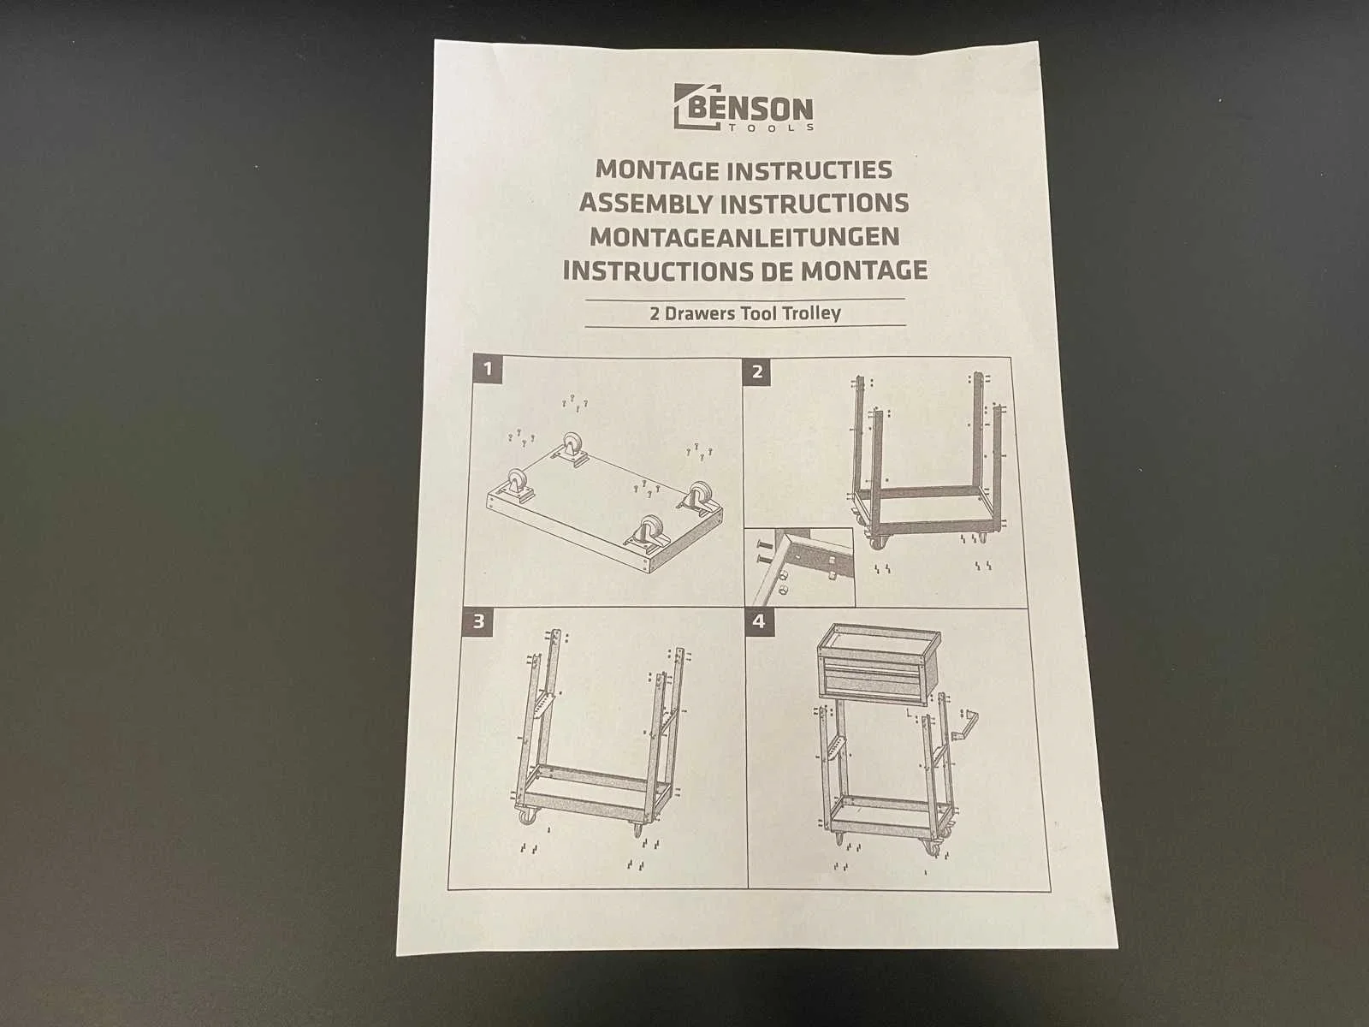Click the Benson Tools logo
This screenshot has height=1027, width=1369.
tap(744, 108)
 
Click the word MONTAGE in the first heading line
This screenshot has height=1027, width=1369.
tap(657, 169)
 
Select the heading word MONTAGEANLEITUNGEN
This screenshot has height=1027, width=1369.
tap(744, 237)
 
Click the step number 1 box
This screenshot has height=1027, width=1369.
tap(487, 369)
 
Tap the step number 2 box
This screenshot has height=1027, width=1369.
tap(757, 372)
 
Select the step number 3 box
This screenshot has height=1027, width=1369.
tap(478, 621)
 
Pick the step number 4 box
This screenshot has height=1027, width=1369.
tap(759, 621)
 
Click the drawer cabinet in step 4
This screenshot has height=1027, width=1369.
tap(878, 665)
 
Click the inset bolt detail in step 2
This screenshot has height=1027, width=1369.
tap(799, 567)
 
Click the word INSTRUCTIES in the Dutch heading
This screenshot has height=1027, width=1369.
tap(809, 170)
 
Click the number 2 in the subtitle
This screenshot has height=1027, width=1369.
tap(655, 313)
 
